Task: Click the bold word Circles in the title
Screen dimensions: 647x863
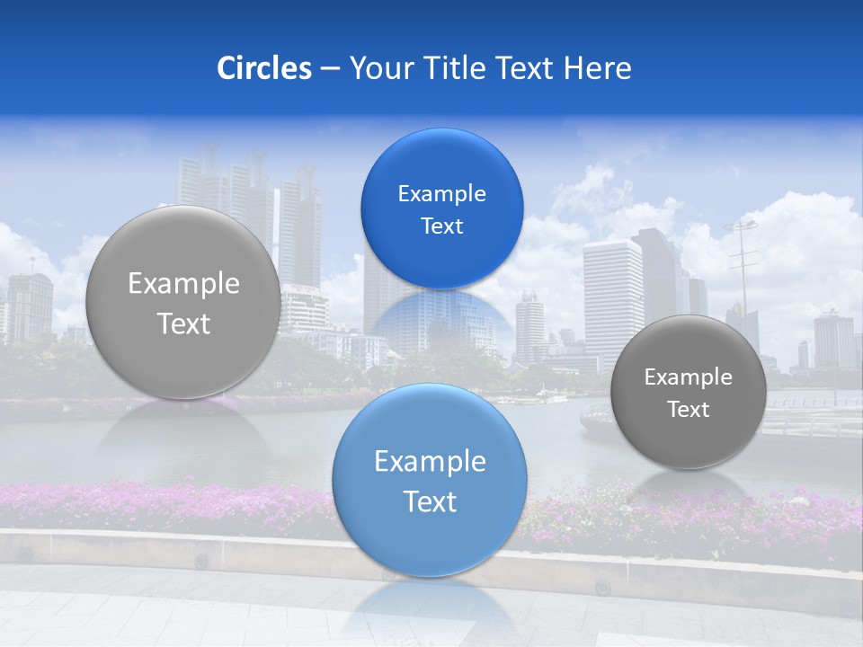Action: (x=264, y=68)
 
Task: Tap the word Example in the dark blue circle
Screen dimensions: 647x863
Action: (x=441, y=194)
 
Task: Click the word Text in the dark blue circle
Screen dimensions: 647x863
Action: (x=441, y=226)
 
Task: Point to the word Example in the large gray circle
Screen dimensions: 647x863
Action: (x=183, y=284)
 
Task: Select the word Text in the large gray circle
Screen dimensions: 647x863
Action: (x=183, y=323)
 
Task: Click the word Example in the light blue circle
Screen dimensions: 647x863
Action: (x=430, y=462)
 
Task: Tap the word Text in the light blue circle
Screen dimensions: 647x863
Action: (x=430, y=501)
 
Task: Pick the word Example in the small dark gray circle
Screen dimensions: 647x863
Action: (x=688, y=377)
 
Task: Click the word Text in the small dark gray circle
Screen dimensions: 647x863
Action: (x=688, y=410)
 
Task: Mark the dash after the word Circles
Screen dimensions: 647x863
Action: (x=329, y=69)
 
